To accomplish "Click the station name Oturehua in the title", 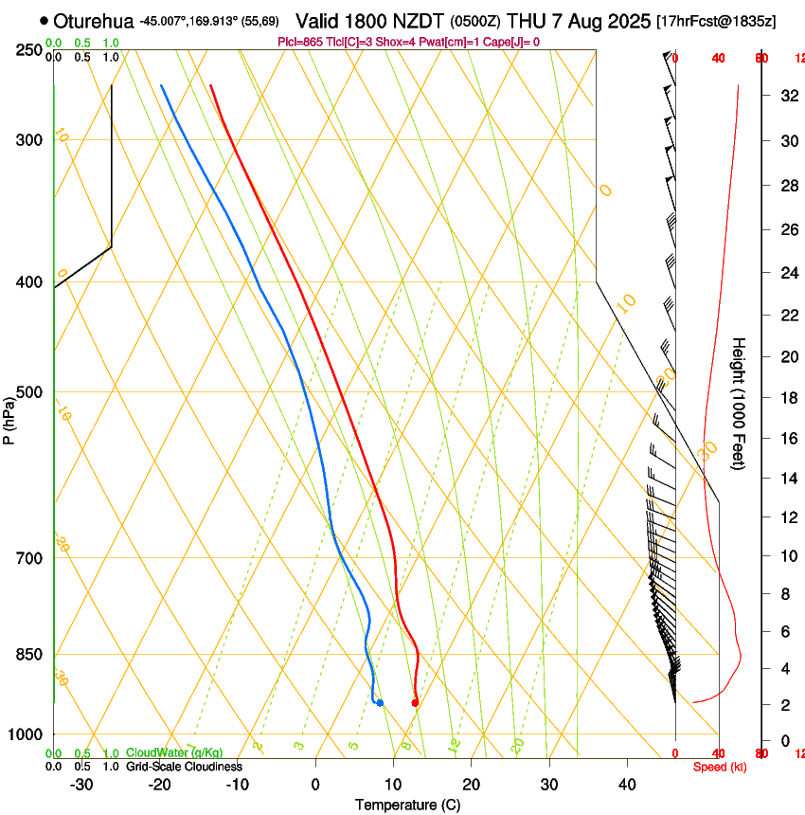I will point(95,21).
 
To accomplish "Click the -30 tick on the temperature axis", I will point(81,785).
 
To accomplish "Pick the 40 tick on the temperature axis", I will point(627,785).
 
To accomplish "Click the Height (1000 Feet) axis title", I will point(740,403).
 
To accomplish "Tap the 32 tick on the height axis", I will point(786,96).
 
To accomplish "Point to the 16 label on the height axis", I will point(786,439).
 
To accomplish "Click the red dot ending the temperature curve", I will point(415,702).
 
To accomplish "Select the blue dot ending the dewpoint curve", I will point(380,702).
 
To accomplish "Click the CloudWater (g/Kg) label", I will point(175,752).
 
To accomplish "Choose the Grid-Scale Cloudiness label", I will point(184,766).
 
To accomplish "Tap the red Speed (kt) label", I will point(720,767).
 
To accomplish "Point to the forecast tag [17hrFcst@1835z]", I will point(715,21).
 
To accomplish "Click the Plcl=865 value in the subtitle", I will point(301,42).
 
